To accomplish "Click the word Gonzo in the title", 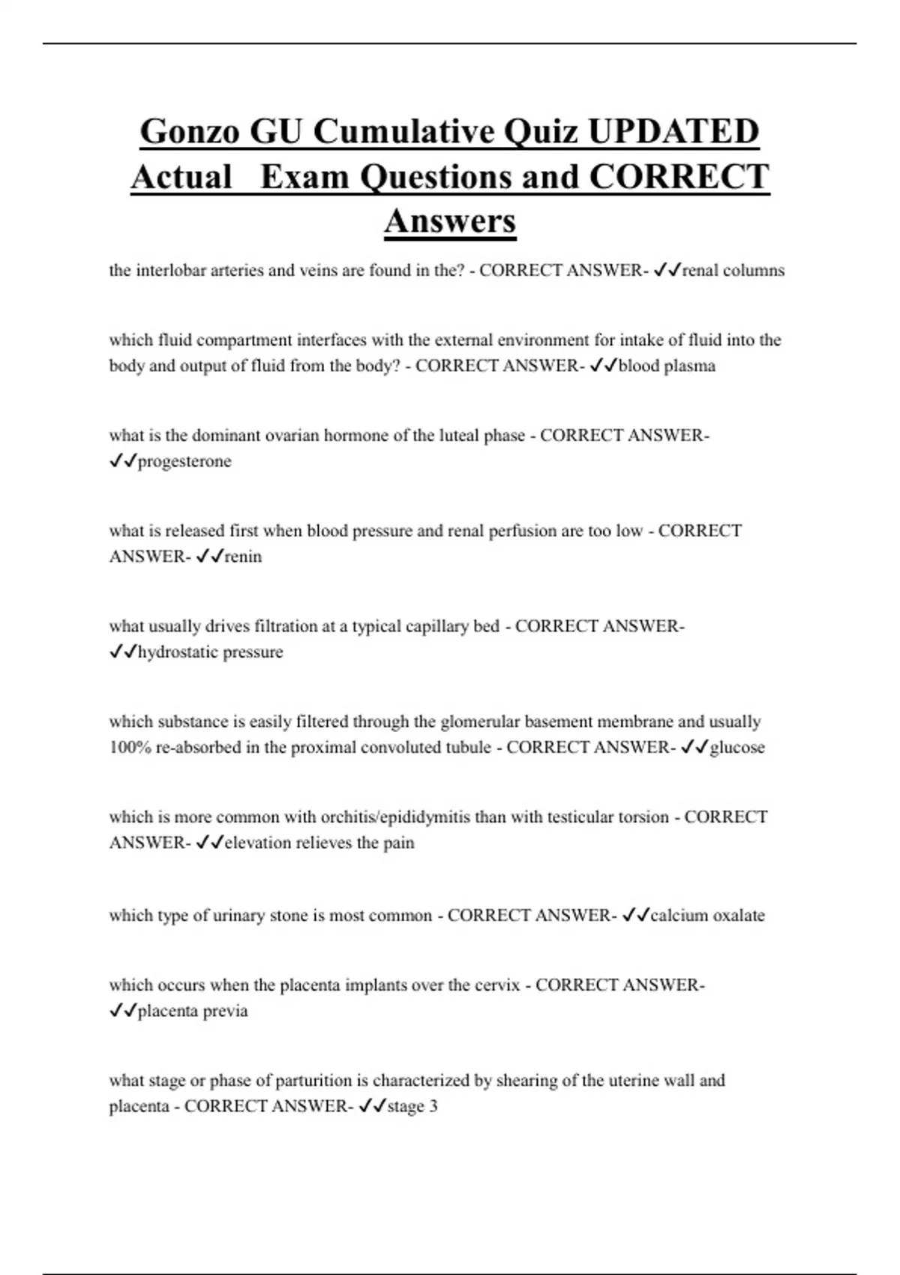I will coord(190,132).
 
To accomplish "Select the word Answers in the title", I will coord(450,221).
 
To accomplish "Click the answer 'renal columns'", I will coord(733,271).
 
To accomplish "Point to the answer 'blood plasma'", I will coord(667,366).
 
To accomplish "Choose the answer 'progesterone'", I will coord(184,461).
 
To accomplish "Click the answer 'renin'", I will coord(243,556).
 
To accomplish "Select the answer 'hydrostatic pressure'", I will coord(210,652).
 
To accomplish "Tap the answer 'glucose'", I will coord(737,747).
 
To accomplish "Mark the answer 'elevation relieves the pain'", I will coord(319,842).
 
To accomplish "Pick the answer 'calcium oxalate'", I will coord(707,915).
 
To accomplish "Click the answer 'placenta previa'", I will coord(193,1010).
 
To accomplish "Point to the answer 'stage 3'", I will coord(412,1105).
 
